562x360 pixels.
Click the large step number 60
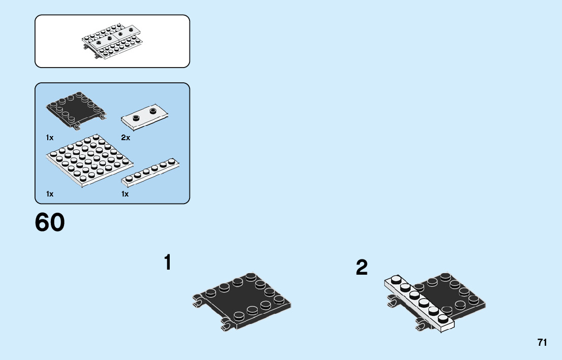click(50, 223)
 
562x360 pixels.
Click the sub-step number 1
click(167, 263)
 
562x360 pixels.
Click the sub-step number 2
click(361, 268)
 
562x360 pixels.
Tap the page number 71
click(542, 343)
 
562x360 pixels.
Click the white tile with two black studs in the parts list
click(145, 117)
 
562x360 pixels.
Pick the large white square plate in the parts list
click(88, 160)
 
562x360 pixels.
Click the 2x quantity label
click(126, 138)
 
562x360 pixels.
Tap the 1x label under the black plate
click(49, 138)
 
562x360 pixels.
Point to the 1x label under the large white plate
click(49, 194)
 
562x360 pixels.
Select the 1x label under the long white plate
click(125, 194)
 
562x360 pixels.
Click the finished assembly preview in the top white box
click(112, 41)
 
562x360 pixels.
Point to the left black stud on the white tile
click(136, 118)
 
